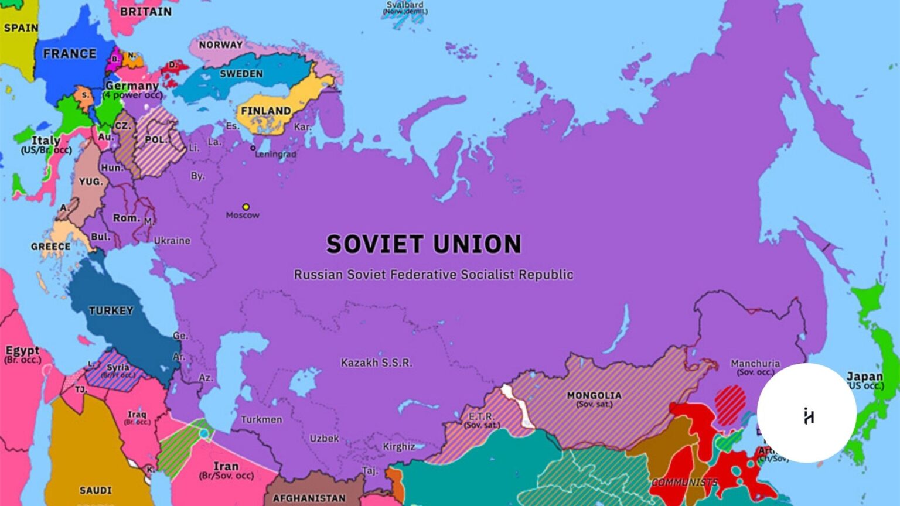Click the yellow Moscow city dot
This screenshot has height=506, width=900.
(246, 207)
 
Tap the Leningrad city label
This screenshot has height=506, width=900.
(275, 155)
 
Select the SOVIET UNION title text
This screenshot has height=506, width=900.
(424, 244)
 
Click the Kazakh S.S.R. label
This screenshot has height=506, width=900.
(376, 363)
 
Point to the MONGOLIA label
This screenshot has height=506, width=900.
(594, 395)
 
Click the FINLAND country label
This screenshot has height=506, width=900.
(265, 111)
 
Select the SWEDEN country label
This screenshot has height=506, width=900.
(241, 74)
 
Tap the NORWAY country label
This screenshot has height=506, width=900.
(220, 45)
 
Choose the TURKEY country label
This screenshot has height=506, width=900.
(111, 310)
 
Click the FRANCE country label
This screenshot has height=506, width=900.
(69, 54)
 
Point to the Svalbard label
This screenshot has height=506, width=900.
(405, 5)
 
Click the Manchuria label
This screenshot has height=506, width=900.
(755, 364)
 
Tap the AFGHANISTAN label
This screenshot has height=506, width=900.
(309, 498)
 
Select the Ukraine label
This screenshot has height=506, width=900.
(172, 241)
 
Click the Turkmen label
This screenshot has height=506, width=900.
(261, 419)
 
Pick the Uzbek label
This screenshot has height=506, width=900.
(324, 438)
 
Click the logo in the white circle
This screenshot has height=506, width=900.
(808, 415)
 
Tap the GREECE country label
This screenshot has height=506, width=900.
(50, 247)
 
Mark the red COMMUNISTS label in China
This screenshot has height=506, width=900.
(684, 482)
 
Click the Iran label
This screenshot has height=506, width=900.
(226, 466)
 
